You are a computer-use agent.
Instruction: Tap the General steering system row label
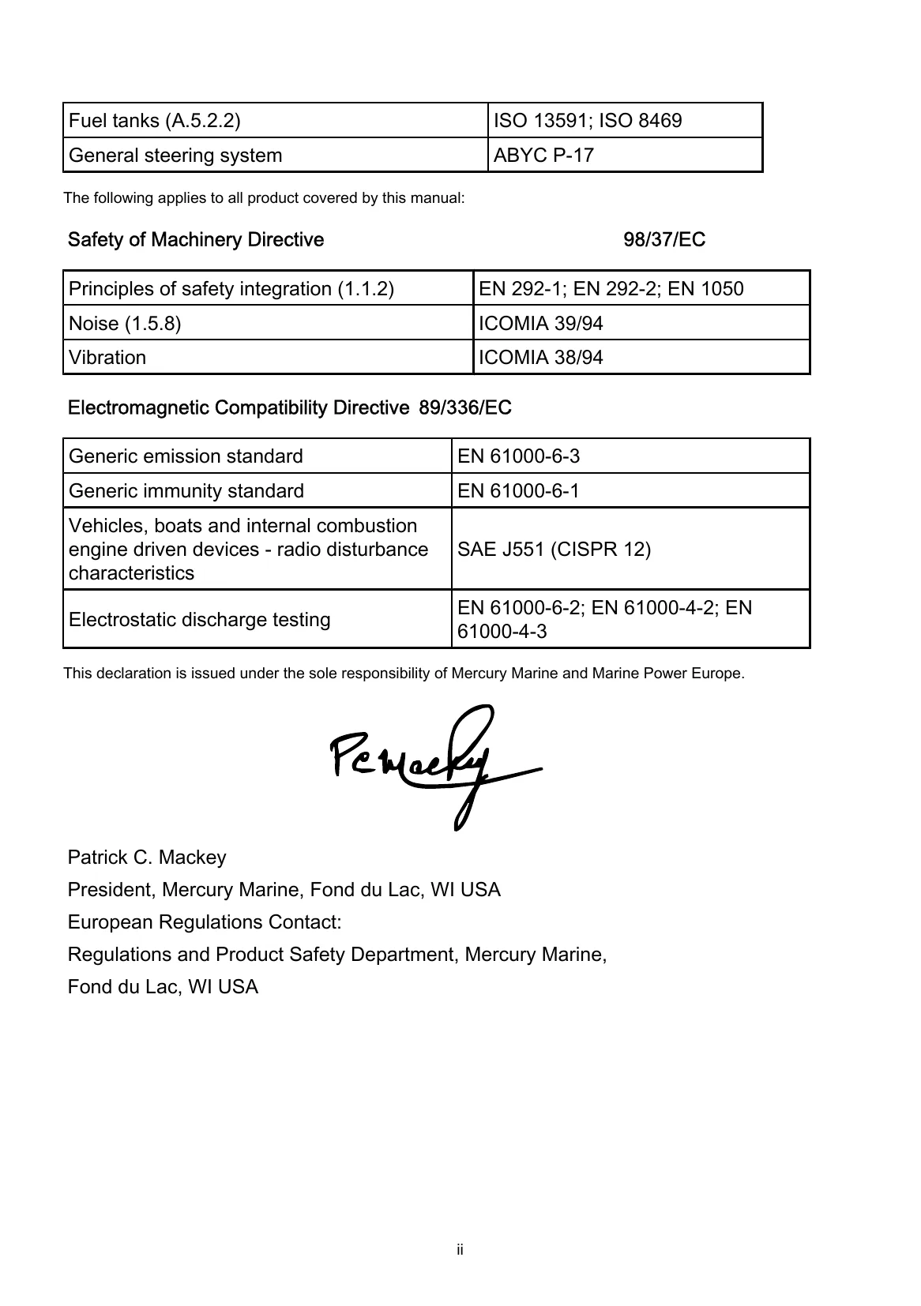[x=175, y=156]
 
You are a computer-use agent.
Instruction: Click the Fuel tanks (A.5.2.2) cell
[x=155, y=121]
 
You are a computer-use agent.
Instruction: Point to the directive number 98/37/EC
[x=664, y=240]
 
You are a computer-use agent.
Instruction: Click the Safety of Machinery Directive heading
[x=196, y=240]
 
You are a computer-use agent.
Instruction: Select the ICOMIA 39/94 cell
[x=541, y=324]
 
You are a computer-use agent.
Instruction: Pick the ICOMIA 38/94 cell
[x=541, y=358]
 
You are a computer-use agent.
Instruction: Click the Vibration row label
[x=107, y=358]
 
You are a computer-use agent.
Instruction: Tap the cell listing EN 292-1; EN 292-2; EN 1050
[x=611, y=289]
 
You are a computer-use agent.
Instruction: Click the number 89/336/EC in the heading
[x=464, y=408]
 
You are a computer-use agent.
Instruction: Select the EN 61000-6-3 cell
[x=519, y=456]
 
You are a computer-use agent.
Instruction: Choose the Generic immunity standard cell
[x=186, y=491]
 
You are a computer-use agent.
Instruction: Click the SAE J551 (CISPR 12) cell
[x=554, y=549]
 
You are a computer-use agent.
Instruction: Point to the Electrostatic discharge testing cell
[x=199, y=620]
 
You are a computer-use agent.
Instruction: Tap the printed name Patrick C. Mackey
[x=147, y=858]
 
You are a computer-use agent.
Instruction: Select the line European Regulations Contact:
[x=205, y=922]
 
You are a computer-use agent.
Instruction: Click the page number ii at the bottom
[x=460, y=1250]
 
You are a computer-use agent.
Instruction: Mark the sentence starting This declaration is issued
[x=403, y=674]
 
